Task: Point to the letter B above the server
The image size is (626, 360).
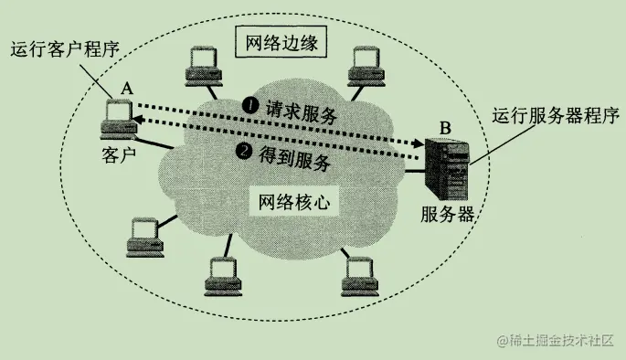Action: tap(444, 125)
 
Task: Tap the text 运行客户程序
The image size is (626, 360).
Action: tap(64, 48)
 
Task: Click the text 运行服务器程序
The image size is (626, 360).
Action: tap(557, 116)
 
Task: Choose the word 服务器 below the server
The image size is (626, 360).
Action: tap(449, 215)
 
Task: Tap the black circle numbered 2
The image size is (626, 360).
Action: tap(243, 151)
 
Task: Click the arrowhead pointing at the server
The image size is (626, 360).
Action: tap(421, 143)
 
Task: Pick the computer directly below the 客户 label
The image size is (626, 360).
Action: tap(144, 236)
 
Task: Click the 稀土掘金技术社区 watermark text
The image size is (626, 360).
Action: tap(559, 342)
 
